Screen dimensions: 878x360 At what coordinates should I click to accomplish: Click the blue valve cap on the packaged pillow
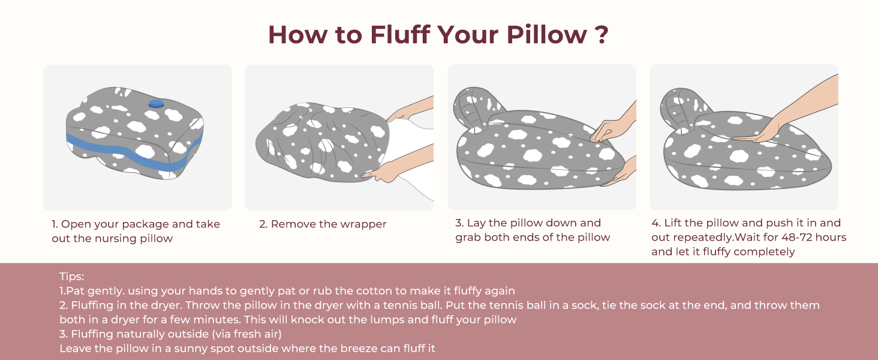pyautogui.click(x=156, y=104)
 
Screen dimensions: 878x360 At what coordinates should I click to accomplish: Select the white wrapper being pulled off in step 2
pyautogui.click(x=411, y=157)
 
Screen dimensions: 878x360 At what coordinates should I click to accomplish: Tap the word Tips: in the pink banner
pyautogui.click(x=72, y=277)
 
